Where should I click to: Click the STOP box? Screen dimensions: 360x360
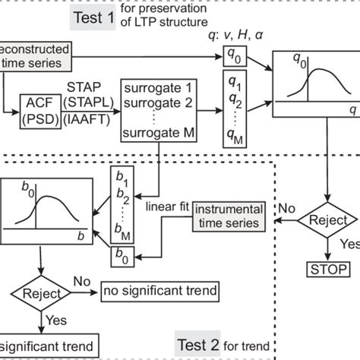(328, 269)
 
